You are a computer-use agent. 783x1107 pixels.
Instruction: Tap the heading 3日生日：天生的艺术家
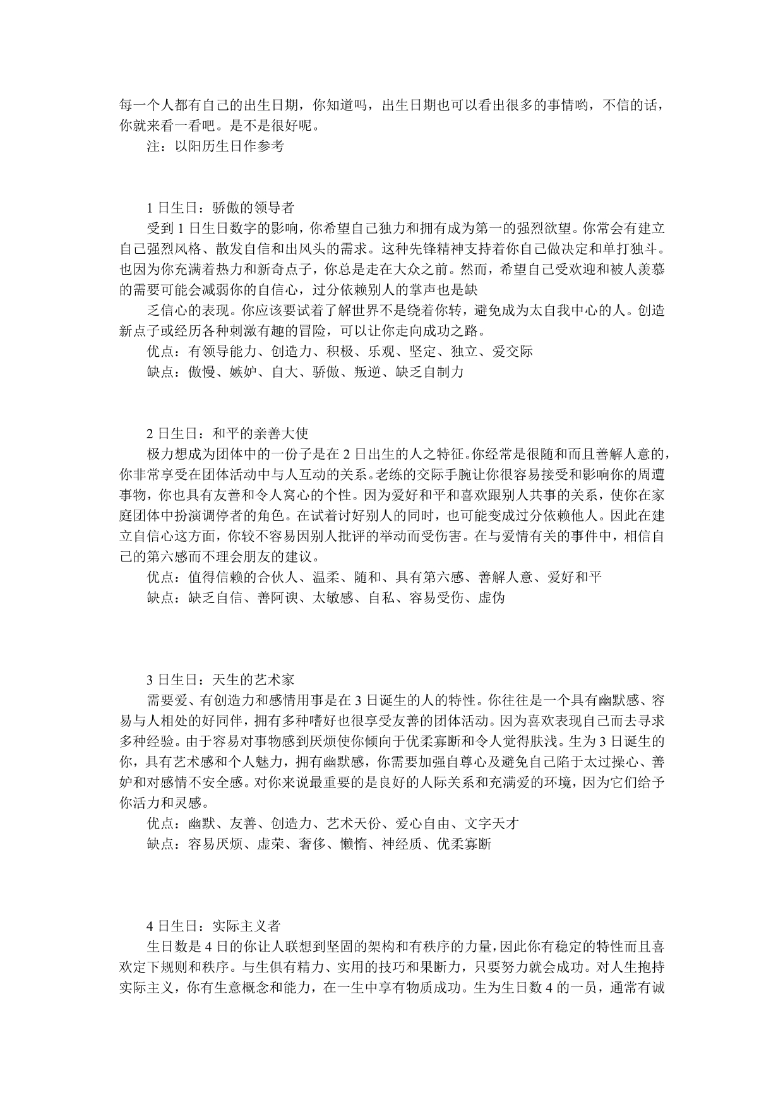click(x=220, y=679)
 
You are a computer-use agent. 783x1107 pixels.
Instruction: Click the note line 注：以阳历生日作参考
click(x=215, y=146)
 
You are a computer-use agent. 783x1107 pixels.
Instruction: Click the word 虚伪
click(x=491, y=597)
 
